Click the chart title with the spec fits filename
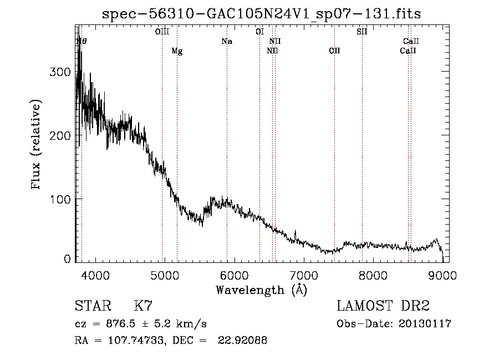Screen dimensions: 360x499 pos(262,14)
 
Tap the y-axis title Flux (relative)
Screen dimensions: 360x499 pos(37,145)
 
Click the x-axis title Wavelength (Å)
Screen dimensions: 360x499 pos(261,290)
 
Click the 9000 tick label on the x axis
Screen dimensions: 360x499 pos(442,275)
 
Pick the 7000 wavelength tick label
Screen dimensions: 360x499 pos(303,275)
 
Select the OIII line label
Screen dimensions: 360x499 pos(162,32)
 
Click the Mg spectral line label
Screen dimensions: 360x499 pos(177,51)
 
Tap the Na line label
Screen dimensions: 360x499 pos(226,41)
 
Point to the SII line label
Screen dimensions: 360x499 pos(361,32)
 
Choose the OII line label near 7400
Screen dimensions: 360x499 pos(334,51)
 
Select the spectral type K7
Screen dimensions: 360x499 pos(144,306)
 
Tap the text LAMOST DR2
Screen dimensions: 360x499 pos(383,306)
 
